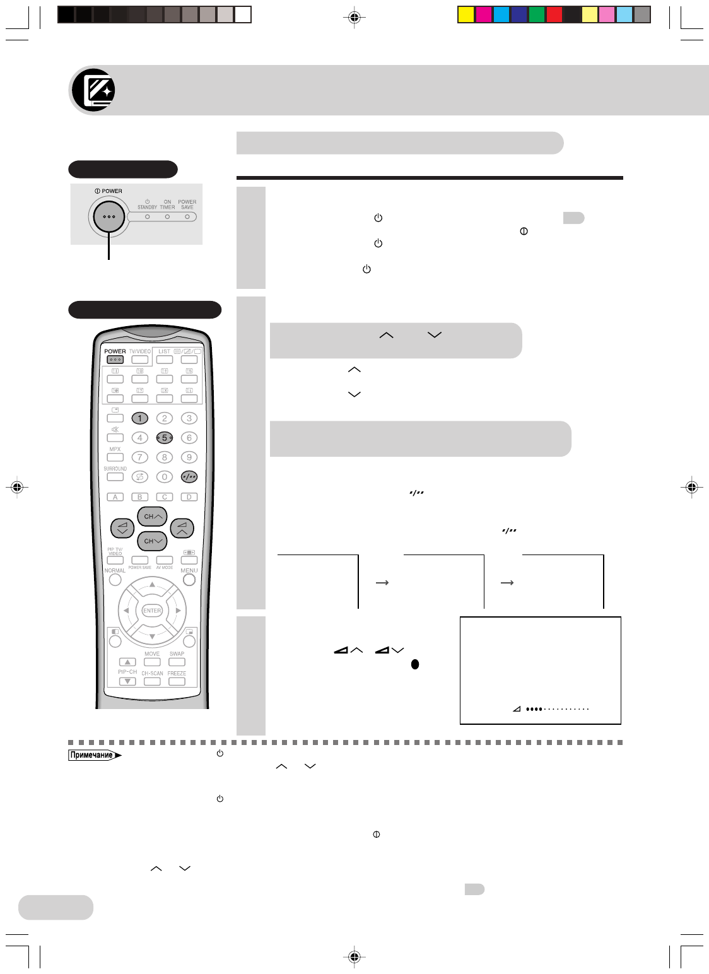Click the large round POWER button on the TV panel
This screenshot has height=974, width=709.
tap(109, 216)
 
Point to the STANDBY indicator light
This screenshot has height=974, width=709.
tap(147, 217)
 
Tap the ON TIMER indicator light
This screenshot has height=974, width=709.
tap(167, 217)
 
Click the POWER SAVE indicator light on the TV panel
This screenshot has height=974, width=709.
tap(187, 217)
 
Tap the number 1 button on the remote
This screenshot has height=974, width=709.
tap(140, 418)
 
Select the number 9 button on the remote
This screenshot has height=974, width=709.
tap(189, 457)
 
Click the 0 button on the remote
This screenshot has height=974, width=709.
tap(165, 477)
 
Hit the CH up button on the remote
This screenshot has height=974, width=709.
tap(152, 517)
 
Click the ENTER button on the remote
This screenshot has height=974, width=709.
tap(152, 611)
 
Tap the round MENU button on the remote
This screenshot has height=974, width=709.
tap(189, 580)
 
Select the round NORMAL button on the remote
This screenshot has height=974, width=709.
tap(115, 580)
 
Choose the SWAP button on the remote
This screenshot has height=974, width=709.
tap(177, 662)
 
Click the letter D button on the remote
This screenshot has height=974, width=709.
tap(189, 497)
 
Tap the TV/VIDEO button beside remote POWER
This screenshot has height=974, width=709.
tap(140, 360)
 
